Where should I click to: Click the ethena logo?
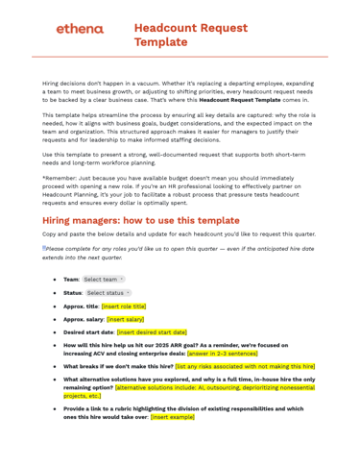[80, 29]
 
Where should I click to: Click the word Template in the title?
[161, 42]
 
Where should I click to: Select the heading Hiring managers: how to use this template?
[140, 220]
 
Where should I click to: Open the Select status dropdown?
[108, 292]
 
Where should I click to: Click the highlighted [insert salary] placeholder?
[126, 319]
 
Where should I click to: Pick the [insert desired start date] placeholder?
[152, 331]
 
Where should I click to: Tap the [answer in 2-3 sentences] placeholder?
[223, 352]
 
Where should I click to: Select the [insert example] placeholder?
[173, 417]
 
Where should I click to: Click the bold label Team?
[71, 280]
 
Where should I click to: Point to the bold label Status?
[73, 292]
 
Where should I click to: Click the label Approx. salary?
[83, 319]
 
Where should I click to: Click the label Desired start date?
[88, 331]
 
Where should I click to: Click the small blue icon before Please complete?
[44, 248]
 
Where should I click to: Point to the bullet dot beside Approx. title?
[53, 306]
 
